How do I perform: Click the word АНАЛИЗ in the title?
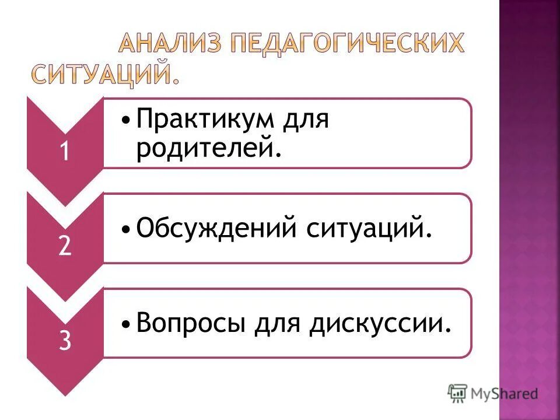tap(167, 44)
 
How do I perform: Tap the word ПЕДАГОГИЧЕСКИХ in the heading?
tap(345, 44)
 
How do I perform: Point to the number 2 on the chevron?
tap(65, 247)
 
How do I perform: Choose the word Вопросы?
tap(190, 323)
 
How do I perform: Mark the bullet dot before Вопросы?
tap(127, 324)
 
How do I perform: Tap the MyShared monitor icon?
tap(458, 393)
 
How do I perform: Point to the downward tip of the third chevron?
tap(65, 394)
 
